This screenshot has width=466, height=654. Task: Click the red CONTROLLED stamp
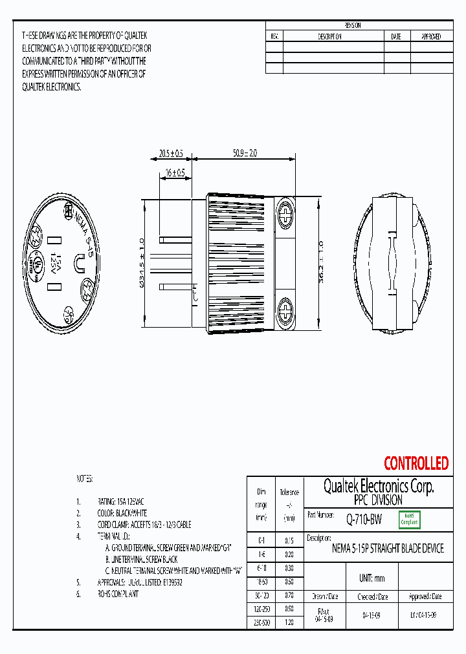click(x=416, y=463)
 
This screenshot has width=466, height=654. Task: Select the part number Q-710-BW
click(x=362, y=518)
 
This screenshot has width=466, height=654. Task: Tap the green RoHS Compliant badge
click(x=409, y=519)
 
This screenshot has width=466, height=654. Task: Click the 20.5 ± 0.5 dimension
click(x=170, y=154)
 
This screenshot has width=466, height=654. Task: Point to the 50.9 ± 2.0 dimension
click(x=245, y=154)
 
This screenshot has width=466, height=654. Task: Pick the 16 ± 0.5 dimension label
click(x=175, y=173)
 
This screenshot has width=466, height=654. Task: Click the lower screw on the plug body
click(x=285, y=310)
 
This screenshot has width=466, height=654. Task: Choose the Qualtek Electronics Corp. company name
click(x=378, y=487)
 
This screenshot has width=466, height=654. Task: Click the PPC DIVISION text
click(x=378, y=500)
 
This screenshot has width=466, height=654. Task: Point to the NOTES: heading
click(x=85, y=479)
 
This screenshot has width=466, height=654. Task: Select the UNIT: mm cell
click(x=371, y=578)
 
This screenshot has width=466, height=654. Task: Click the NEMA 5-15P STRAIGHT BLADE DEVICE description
click(x=388, y=549)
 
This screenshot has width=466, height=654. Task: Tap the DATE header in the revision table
click(x=396, y=37)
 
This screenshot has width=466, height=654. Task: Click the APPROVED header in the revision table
click(x=431, y=37)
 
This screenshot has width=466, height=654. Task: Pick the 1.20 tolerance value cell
click(x=289, y=622)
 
